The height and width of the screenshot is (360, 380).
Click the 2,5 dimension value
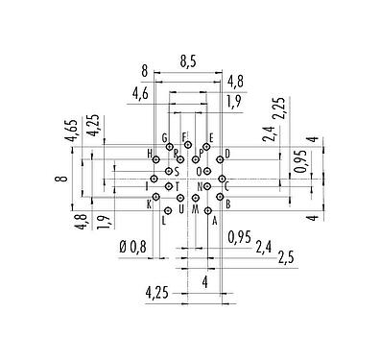(286, 259)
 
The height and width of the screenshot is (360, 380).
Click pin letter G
(165, 138)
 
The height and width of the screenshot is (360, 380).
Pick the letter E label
(210, 138)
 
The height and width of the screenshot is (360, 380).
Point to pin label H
(150, 154)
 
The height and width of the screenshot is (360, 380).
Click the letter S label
(178, 171)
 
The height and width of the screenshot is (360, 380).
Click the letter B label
(227, 204)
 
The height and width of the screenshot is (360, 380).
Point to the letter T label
(177, 185)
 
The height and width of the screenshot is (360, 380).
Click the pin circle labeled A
(207, 209)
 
